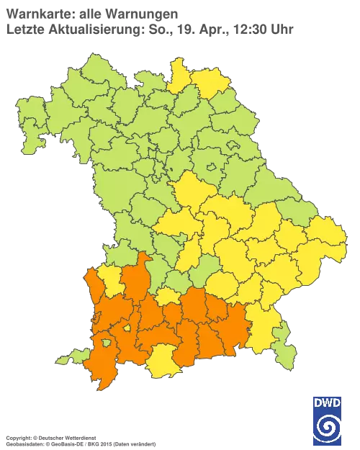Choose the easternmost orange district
pyautogui.click(x=238, y=328)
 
